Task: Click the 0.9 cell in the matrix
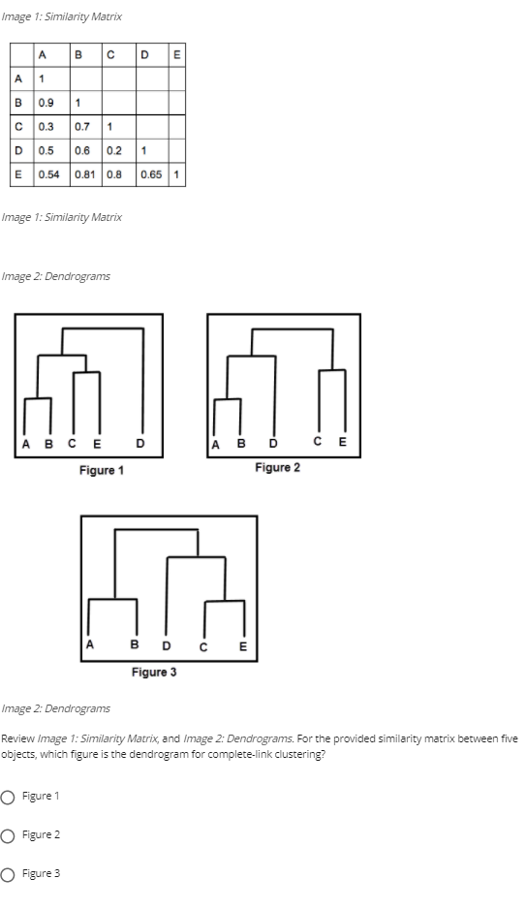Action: click(45, 102)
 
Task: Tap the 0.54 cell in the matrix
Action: click(48, 175)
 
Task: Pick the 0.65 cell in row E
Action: click(151, 175)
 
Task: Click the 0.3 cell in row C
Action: click(45, 126)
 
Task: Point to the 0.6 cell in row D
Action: click(82, 151)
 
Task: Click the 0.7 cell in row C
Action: click(82, 126)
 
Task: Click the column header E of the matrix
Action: click(176, 55)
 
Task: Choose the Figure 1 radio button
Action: click(9, 797)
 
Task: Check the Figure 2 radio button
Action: click(9, 835)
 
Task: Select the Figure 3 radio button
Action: click(9, 874)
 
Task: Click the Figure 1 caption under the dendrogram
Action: click(101, 470)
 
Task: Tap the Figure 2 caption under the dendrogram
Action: click(277, 468)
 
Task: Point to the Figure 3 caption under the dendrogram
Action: click(154, 672)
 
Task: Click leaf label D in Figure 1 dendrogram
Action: click(141, 446)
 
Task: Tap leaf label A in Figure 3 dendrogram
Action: click(90, 643)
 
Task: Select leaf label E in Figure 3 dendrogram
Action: click(243, 647)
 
